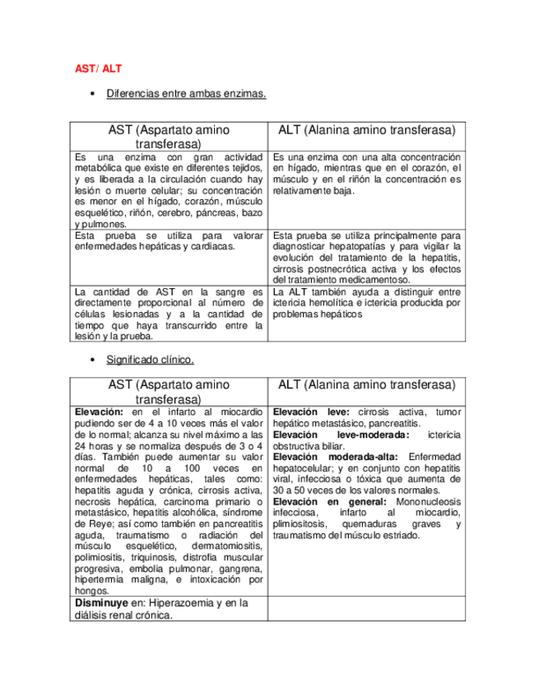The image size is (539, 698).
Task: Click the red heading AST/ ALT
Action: click(x=93, y=69)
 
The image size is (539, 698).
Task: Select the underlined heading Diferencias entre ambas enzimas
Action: click(x=186, y=95)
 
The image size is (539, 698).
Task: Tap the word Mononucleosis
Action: click(x=425, y=500)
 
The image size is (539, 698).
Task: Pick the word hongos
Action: click(x=91, y=590)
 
